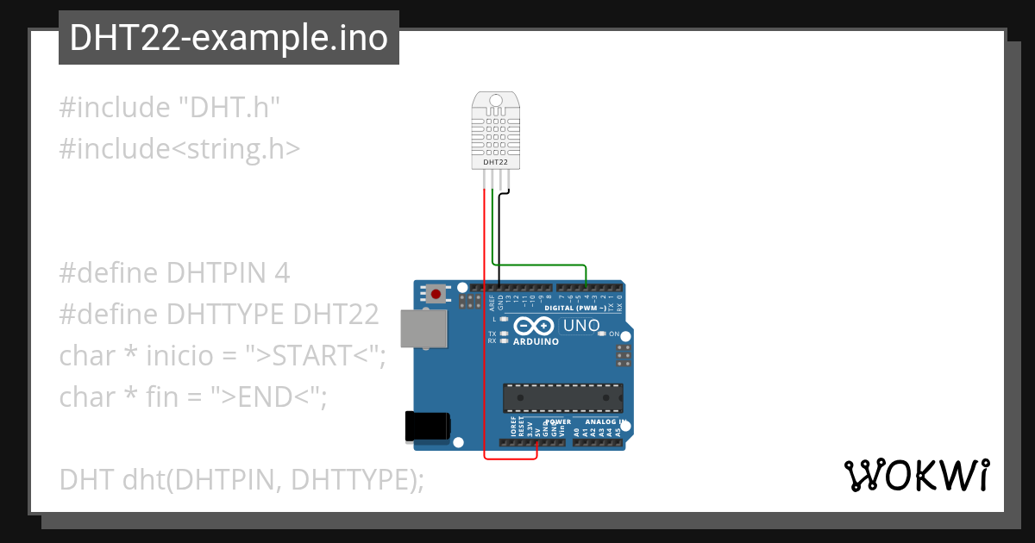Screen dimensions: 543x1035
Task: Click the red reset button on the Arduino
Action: pos(436,294)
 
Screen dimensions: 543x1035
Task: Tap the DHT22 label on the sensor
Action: pos(495,161)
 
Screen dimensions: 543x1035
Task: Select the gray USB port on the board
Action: pos(424,328)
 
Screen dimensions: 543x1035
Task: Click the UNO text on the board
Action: pos(580,326)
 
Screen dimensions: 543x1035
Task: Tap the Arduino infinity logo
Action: pos(535,326)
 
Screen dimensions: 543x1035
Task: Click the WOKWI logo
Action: pos(916,475)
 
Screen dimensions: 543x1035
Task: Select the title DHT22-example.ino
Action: pos(229,38)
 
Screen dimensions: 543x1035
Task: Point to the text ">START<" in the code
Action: pos(314,355)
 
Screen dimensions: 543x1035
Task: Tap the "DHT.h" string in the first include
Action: pos(229,108)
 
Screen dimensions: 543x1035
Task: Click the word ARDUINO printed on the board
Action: pos(536,341)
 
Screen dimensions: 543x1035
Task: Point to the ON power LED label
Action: pos(615,334)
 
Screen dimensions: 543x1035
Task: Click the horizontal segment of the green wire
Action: pos(539,265)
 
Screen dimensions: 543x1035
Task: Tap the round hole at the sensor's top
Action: pos(495,101)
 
